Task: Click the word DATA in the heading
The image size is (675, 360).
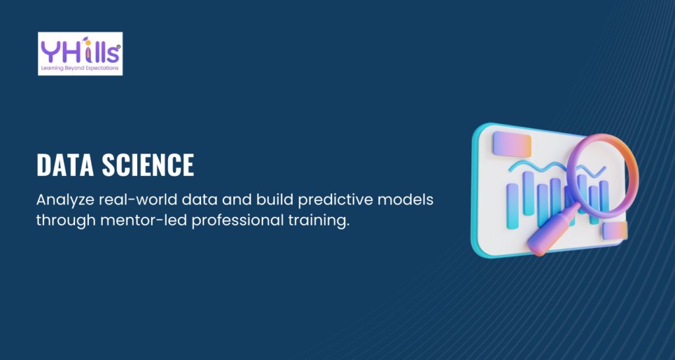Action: (65, 165)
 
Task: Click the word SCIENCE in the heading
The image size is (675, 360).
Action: (148, 165)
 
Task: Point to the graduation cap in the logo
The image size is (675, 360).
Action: (86, 40)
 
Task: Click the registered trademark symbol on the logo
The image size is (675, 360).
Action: (119, 47)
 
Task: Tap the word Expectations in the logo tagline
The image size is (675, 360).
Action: (103, 69)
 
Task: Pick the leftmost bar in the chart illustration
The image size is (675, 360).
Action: (512, 206)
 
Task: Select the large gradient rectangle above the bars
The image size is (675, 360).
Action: (512, 144)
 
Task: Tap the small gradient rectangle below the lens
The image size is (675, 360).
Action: (615, 231)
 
